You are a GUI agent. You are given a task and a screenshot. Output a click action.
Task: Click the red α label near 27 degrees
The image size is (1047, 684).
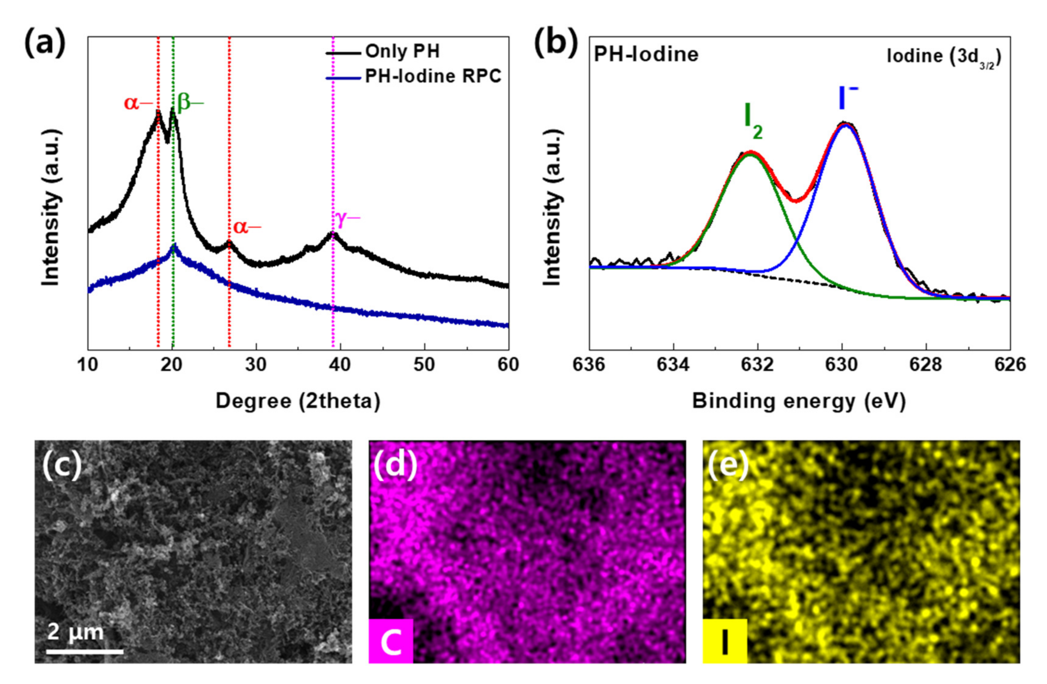247,227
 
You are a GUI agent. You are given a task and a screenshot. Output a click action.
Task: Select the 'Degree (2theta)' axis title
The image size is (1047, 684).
298,401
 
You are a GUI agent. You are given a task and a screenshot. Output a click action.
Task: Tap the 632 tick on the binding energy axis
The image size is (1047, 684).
758,366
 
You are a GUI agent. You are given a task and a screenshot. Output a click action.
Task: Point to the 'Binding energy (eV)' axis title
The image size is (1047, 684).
799,401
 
